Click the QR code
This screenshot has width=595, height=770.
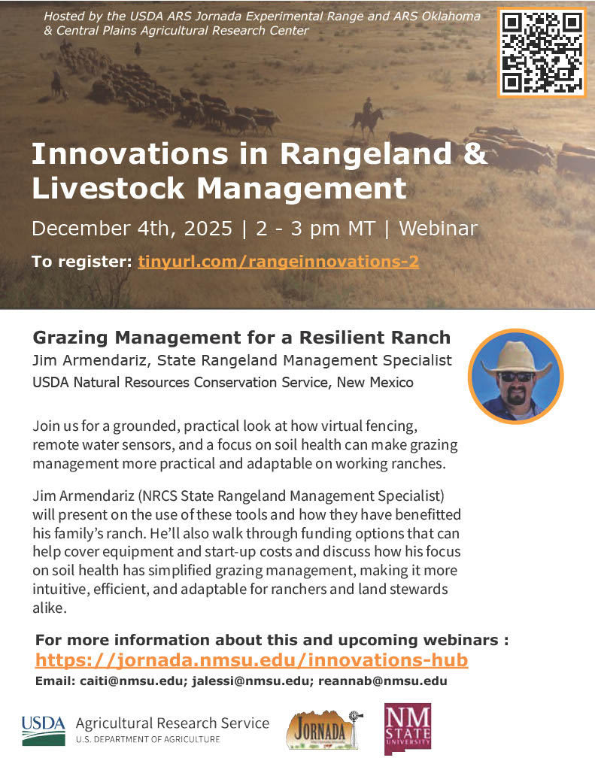click(542, 52)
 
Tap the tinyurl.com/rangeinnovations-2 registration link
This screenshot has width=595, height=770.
click(278, 262)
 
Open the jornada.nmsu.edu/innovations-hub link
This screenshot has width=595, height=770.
click(251, 660)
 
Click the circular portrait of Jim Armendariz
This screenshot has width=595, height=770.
click(515, 375)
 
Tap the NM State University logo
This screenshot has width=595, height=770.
click(407, 727)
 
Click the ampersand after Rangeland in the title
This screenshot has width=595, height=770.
click(474, 154)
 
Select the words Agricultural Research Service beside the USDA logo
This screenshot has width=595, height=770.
click(172, 723)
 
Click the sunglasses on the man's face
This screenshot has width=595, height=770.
click(515, 376)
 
